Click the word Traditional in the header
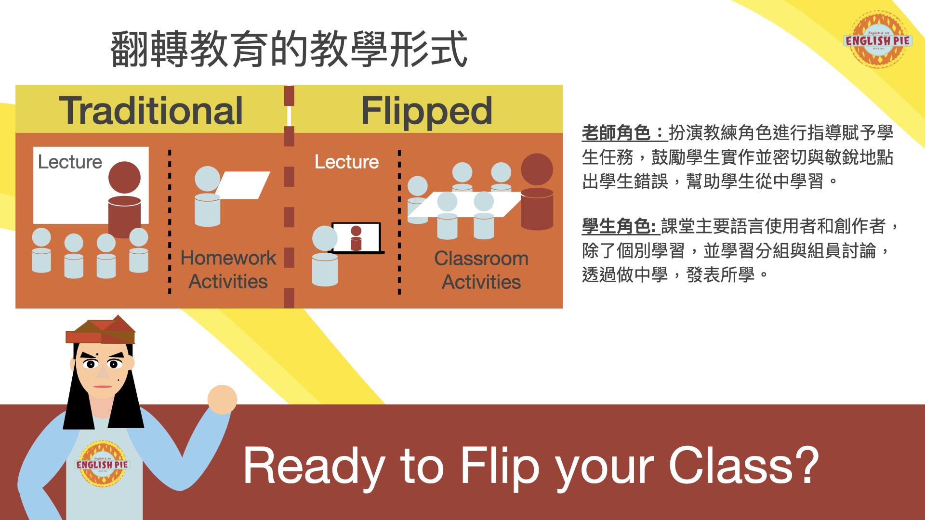coord(151,111)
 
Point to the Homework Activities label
coord(228,270)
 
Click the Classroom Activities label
coord(481,270)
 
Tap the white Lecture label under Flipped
coord(346,162)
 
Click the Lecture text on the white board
coord(70,162)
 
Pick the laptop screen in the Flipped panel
coord(357,237)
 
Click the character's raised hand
coord(222,399)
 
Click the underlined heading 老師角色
coord(624,133)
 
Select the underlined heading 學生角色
coord(619,226)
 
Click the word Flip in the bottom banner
coord(500,466)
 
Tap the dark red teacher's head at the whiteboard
coord(124,177)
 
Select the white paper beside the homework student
coord(243,185)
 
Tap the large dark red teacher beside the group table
coord(537,192)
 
